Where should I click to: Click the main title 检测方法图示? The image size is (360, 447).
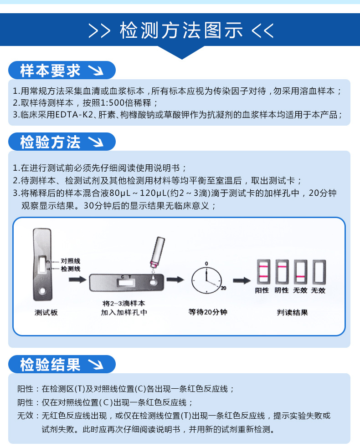[181, 30]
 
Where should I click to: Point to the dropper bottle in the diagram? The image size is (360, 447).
[157, 252]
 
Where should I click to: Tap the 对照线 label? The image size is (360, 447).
[71, 261]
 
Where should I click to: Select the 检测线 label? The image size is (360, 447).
[71, 269]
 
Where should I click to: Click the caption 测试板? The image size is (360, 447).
[46, 312]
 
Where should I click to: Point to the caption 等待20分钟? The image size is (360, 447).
[208, 312]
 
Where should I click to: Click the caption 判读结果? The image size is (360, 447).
[293, 312]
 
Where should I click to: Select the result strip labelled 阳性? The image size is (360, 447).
[263, 272]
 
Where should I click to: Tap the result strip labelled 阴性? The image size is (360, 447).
[282, 272]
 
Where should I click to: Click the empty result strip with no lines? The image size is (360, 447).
[319, 272]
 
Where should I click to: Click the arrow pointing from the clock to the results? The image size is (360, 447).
[242, 281]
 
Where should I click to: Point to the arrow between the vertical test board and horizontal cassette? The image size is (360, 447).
[77, 279]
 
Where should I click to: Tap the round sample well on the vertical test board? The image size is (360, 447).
[42, 291]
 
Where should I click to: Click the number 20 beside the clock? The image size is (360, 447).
[223, 288]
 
